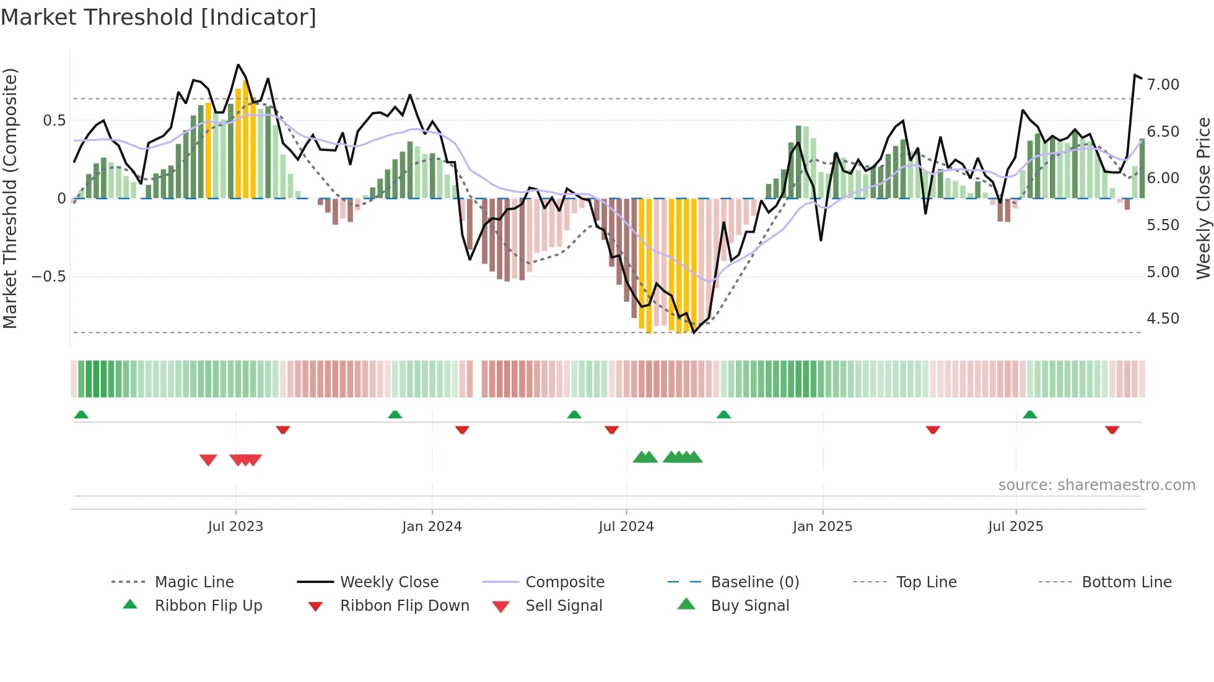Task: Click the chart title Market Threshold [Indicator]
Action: click(x=159, y=17)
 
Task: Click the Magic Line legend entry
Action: click(x=194, y=582)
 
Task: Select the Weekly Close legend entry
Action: click(x=389, y=582)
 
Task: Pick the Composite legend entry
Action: click(x=564, y=582)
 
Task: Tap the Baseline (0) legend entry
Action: click(x=754, y=582)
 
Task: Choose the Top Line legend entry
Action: click(x=926, y=582)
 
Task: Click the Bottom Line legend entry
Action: click(x=1126, y=582)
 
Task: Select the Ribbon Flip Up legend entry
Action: click(x=208, y=605)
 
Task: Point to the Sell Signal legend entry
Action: click(x=563, y=605)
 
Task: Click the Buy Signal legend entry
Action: click(x=749, y=605)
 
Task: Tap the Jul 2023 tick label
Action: click(x=235, y=527)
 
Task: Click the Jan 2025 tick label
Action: click(x=823, y=527)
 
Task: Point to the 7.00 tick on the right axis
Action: click(x=1163, y=85)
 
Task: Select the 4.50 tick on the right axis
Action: click(x=1163, y=319)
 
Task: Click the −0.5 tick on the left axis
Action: click(x=48, y=276)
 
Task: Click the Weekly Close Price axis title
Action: click(x=1203, y=198)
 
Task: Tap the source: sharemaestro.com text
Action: click(x=1096, y=485)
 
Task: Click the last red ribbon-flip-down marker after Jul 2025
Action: click(x=1112, y=429)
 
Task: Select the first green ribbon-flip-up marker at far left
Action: click(x=81, y=415)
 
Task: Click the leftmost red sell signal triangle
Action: click(x=208, y=460)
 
